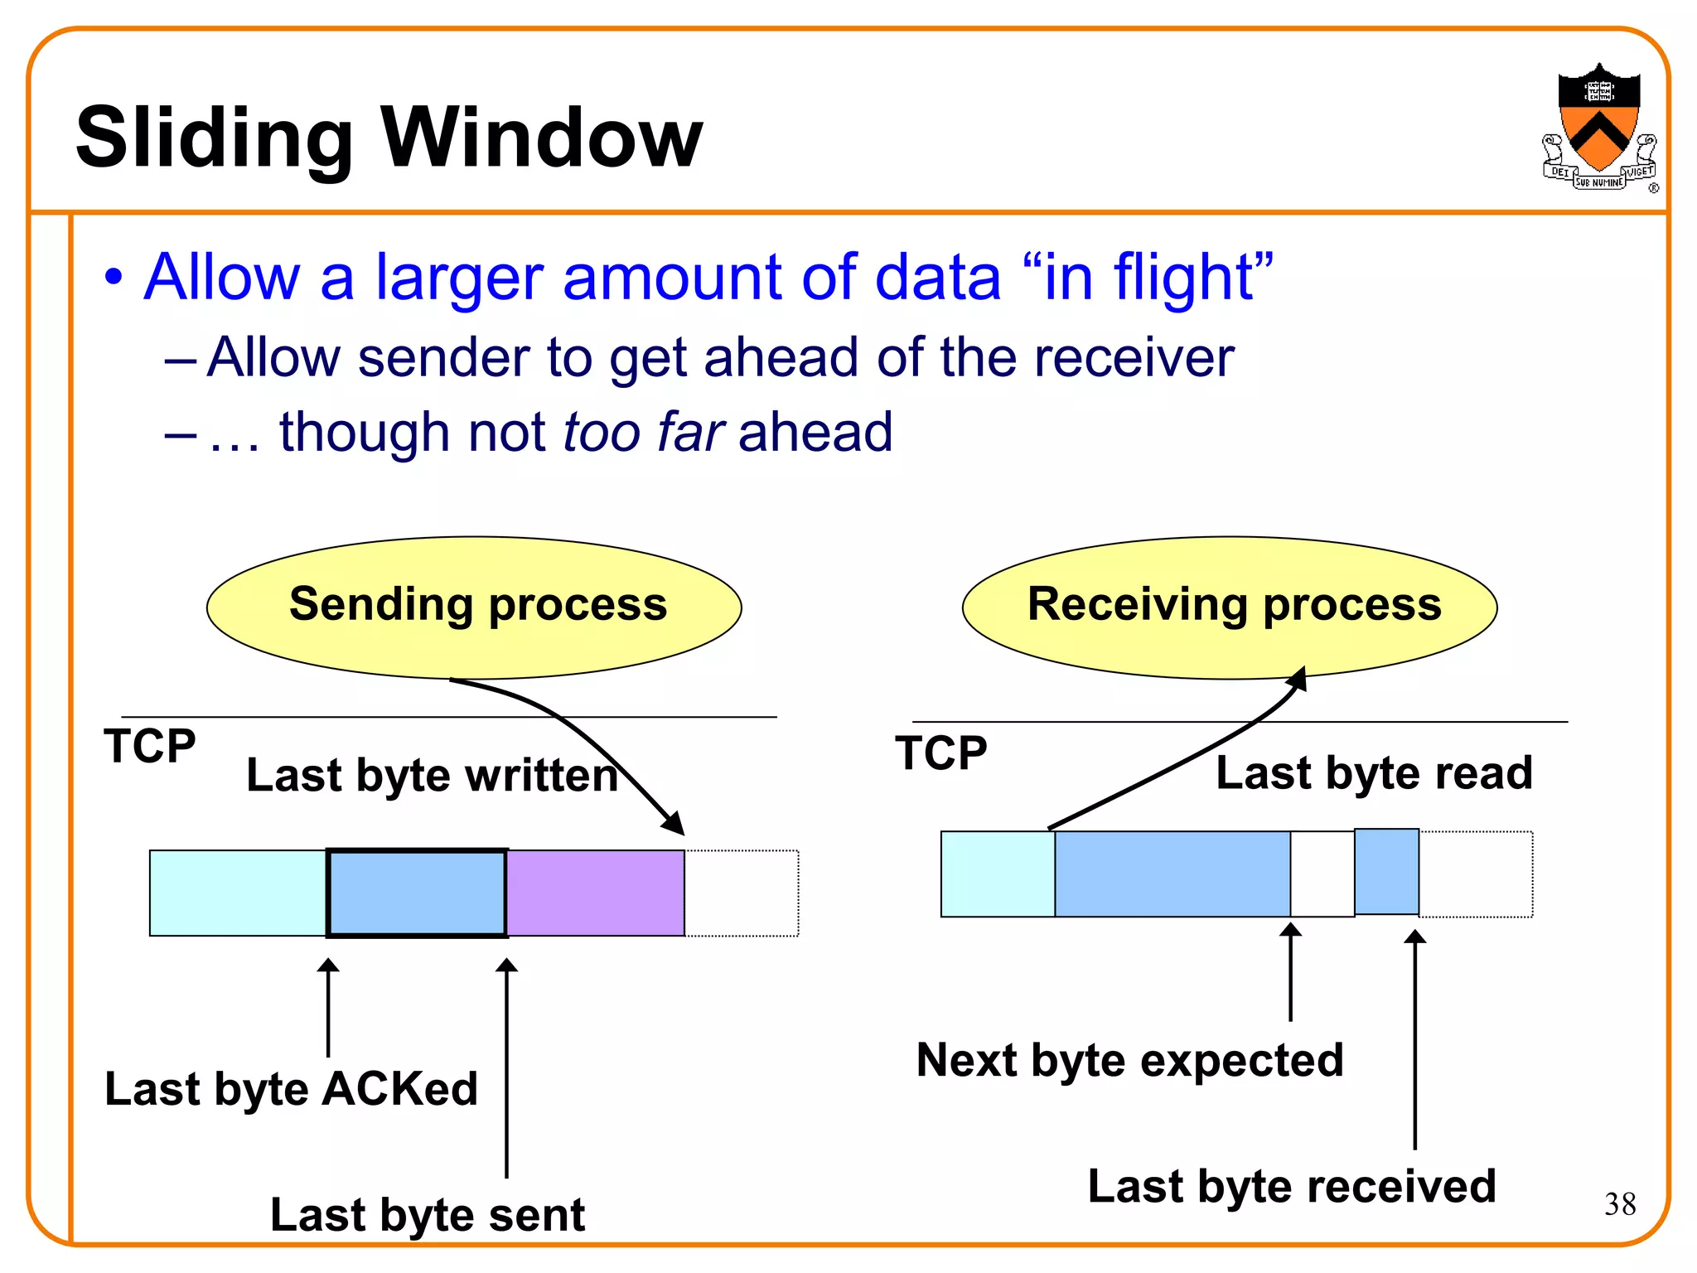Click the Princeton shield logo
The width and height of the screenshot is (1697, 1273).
tap(1598, 124)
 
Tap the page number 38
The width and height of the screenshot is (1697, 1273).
tap(1619, 1203)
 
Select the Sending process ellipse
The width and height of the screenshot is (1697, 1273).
tap(474, 607)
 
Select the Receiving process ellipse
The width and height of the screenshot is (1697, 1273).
tap(1230, 607)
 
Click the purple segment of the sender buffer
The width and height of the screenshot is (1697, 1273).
tap(595, 893)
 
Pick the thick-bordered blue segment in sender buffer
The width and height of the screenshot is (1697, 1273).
tap(417, 893)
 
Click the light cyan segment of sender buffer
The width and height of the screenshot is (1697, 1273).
tap(238, 893)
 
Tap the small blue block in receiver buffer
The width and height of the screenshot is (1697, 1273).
tap(1386, 872)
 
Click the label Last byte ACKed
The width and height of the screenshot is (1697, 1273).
tap(291, 1088)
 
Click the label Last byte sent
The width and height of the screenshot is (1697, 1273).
tap(428, 1215)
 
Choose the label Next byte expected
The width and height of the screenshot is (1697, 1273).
tap(1129, 1060)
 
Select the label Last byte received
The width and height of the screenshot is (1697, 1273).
tap(1291, 1186)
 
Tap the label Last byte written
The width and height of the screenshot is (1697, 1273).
tap(432, 776)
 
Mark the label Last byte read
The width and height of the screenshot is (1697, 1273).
tap(1374, 772)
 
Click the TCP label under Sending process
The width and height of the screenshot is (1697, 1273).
tap(149, 746)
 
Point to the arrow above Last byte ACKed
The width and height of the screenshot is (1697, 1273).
tap(328, 1006)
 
